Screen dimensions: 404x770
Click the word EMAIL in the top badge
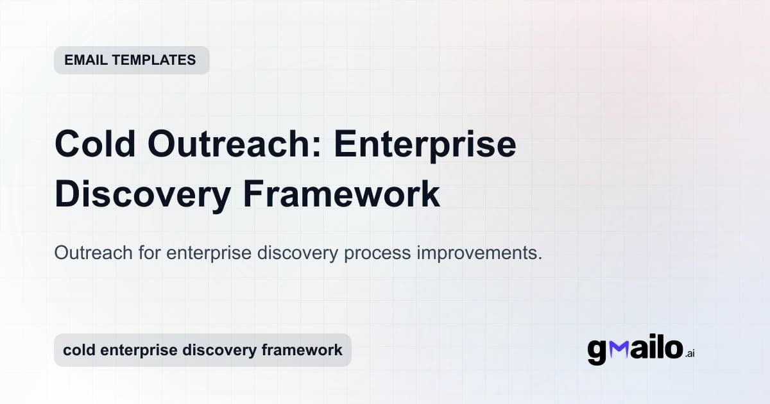86,60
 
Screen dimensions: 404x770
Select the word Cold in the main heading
95,144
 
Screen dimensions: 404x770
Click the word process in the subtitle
376,253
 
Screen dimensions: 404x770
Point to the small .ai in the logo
689,353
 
